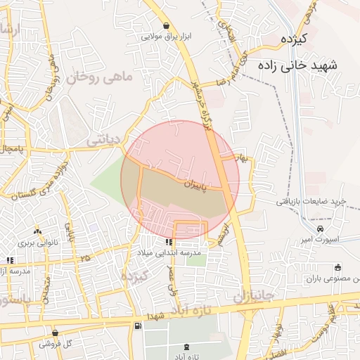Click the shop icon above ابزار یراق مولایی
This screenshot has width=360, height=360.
click(x=166, y=26)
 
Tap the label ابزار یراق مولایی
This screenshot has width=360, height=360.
click(x=166, y=37)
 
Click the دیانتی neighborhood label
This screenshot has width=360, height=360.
click(x=104, y=141)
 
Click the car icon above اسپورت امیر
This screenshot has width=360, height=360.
click(x=321, y=229)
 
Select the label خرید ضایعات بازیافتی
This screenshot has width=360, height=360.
click(x=311, y=202)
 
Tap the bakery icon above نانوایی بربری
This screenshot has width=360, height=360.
click(x=37, y=231)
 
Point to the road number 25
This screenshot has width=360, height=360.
click(x=85, y=259)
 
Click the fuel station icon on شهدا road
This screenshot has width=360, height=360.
click(x=137, y=326)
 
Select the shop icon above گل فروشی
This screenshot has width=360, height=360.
click(x=56, y=333)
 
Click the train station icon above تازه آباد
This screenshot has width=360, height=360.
click(x=186, y=347)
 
